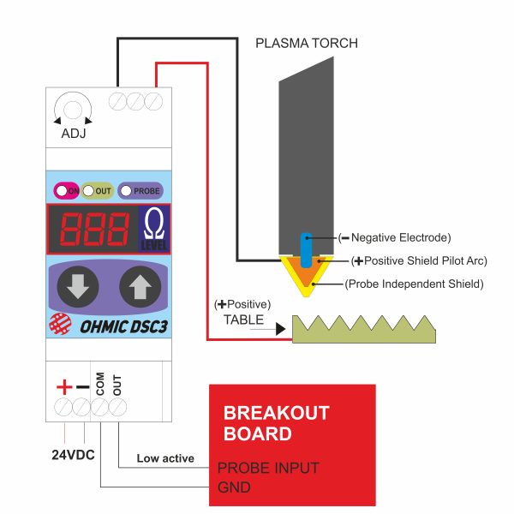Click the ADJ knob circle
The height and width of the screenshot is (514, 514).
[x=73, y=110]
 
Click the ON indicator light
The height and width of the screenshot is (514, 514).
[x=62, y=191]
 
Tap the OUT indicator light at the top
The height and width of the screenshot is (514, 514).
[x=88, y=191]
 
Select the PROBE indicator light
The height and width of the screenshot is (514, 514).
[x=126, y=191]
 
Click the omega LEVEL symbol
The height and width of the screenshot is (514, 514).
[x=154, y=229]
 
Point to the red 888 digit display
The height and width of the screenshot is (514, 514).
[x=94, y=229]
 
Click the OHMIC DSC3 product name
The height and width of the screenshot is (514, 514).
[x=124, y=327]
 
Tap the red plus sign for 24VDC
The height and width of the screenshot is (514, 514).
[x=64, y=387]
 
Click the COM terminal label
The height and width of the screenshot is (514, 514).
[x=100, y=384]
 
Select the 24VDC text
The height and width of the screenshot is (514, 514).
[x=73, y=455]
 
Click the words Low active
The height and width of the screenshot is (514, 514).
[x=165, y=458]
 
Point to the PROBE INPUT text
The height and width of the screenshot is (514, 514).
[x=268, y=468]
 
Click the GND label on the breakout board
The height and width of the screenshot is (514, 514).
[x=234, y=487]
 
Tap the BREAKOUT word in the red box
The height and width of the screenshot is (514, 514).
[x=277, y=413]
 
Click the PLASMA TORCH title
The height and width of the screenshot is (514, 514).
[x=307, y=44]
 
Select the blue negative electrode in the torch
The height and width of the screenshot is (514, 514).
[x=306, y=250]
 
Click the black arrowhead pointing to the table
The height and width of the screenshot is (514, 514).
[x=281, y=329]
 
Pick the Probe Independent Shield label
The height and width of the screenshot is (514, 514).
[x=414, y=284]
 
